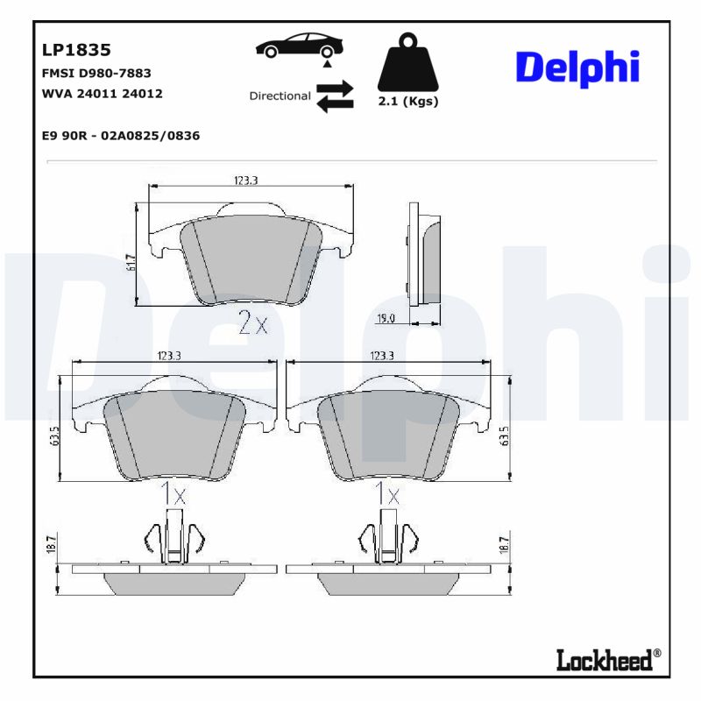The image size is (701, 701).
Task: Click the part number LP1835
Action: tap(76, 50)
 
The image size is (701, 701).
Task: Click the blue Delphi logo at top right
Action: tap(577, 68)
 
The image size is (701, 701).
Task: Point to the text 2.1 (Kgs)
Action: tap(407, 102)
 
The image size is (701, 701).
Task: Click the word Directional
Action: tap(280, 96)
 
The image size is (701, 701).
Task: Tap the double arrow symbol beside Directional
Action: tap(335, 96)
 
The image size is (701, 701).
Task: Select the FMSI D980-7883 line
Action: tap(96, 73)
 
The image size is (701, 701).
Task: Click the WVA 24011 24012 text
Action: tap(102, 93)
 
